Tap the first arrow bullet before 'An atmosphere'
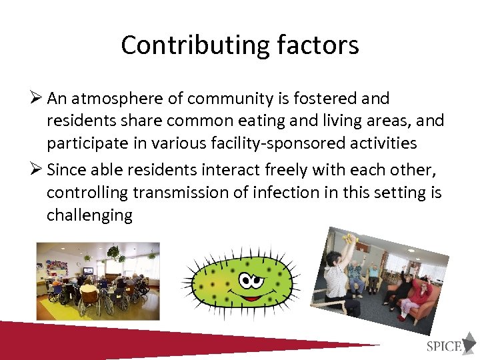point(37,99)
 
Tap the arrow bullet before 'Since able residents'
point(37,170)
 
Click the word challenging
point(89,216)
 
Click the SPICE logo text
point(444,345)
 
